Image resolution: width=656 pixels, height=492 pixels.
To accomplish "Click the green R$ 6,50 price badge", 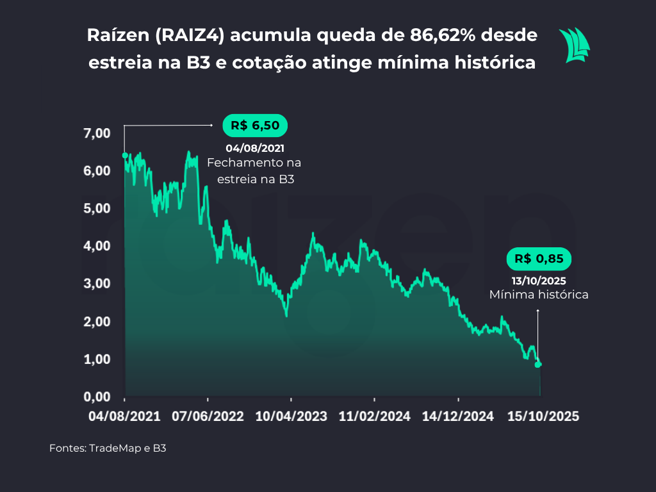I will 255,126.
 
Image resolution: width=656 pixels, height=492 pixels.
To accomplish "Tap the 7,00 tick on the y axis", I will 97,133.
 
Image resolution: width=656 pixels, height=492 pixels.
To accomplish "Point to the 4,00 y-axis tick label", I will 97,246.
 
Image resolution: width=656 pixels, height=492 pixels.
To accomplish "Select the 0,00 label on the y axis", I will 97,397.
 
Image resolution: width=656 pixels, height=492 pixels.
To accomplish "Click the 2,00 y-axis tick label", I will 97,322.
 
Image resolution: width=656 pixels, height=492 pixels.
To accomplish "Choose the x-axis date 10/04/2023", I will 291,416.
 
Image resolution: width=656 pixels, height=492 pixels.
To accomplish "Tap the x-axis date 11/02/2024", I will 374,416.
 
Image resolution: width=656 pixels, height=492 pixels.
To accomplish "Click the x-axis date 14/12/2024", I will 458,416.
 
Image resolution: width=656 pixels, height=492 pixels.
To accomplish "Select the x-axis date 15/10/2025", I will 543,416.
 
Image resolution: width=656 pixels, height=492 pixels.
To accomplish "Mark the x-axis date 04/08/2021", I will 125,416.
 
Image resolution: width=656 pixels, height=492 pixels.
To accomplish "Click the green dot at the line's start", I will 125,156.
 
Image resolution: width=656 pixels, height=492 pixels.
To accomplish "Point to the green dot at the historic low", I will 538,365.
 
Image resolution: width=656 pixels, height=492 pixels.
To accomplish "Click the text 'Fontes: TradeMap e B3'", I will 108,448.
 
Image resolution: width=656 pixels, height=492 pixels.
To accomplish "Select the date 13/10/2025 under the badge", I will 539,281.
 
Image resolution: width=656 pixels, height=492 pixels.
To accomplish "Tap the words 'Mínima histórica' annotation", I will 539,295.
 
